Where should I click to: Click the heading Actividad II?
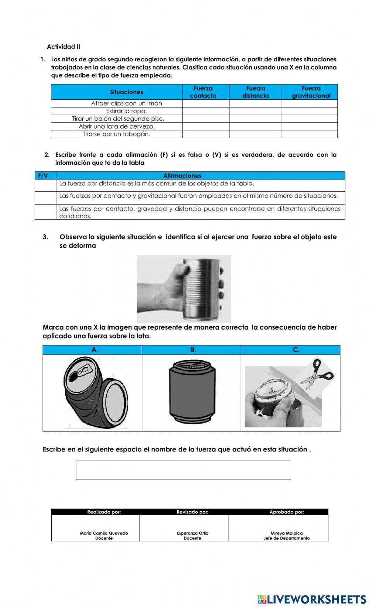click(63, 47)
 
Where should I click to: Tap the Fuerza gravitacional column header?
click(311, 92)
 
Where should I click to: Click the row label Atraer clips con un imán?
click(126, 103)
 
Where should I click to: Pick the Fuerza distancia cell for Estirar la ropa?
click(255, 111)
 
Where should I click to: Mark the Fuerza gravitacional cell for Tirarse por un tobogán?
click(309, 134)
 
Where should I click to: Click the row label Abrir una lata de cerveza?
click(117, 126)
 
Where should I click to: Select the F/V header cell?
click(43, 176)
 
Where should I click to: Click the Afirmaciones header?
click(182, 176)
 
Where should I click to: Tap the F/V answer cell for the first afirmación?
click(45, 185)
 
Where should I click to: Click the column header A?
click(95, 350)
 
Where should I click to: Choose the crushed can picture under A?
click(95, 392)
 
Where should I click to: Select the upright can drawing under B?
click(192, 393)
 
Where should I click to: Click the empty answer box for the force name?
click(183, 470)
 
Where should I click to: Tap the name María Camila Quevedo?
click(104, 533)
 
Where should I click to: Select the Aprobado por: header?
click(286, 512)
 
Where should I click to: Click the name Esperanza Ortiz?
click(192, 533)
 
